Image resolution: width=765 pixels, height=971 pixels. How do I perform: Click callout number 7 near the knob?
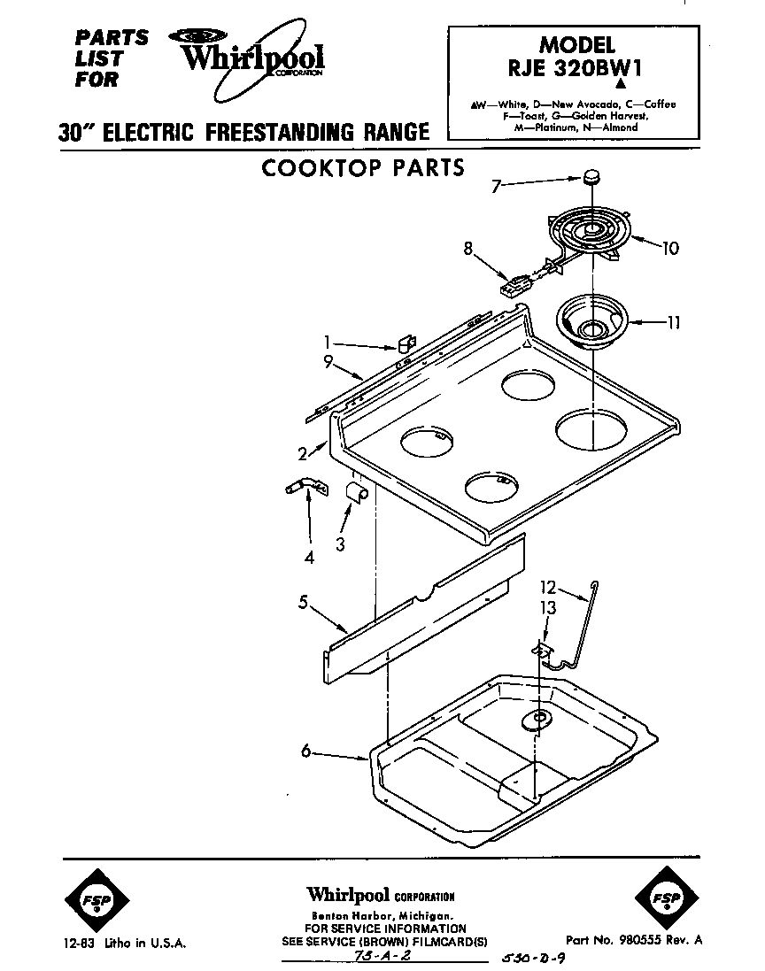[x=496, y=186]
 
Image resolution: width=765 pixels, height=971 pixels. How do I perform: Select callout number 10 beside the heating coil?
[x=669, y=249]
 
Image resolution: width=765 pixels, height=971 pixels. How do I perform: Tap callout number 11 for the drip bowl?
[x=673, y=323]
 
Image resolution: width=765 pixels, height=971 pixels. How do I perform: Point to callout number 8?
[x=467, y=249]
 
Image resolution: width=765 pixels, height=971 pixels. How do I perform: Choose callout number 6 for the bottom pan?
[x=305, y=751]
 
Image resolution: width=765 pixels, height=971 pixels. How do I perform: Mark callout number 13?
[x=548, y=607]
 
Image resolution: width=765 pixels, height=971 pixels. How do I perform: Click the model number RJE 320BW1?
[x=576, y=71]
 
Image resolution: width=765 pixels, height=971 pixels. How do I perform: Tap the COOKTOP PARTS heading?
[x=363, y=167]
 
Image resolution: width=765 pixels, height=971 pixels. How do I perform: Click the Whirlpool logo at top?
[x=251, y=57]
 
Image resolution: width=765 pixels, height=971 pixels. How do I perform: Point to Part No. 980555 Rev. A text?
[x=634, y=940]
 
